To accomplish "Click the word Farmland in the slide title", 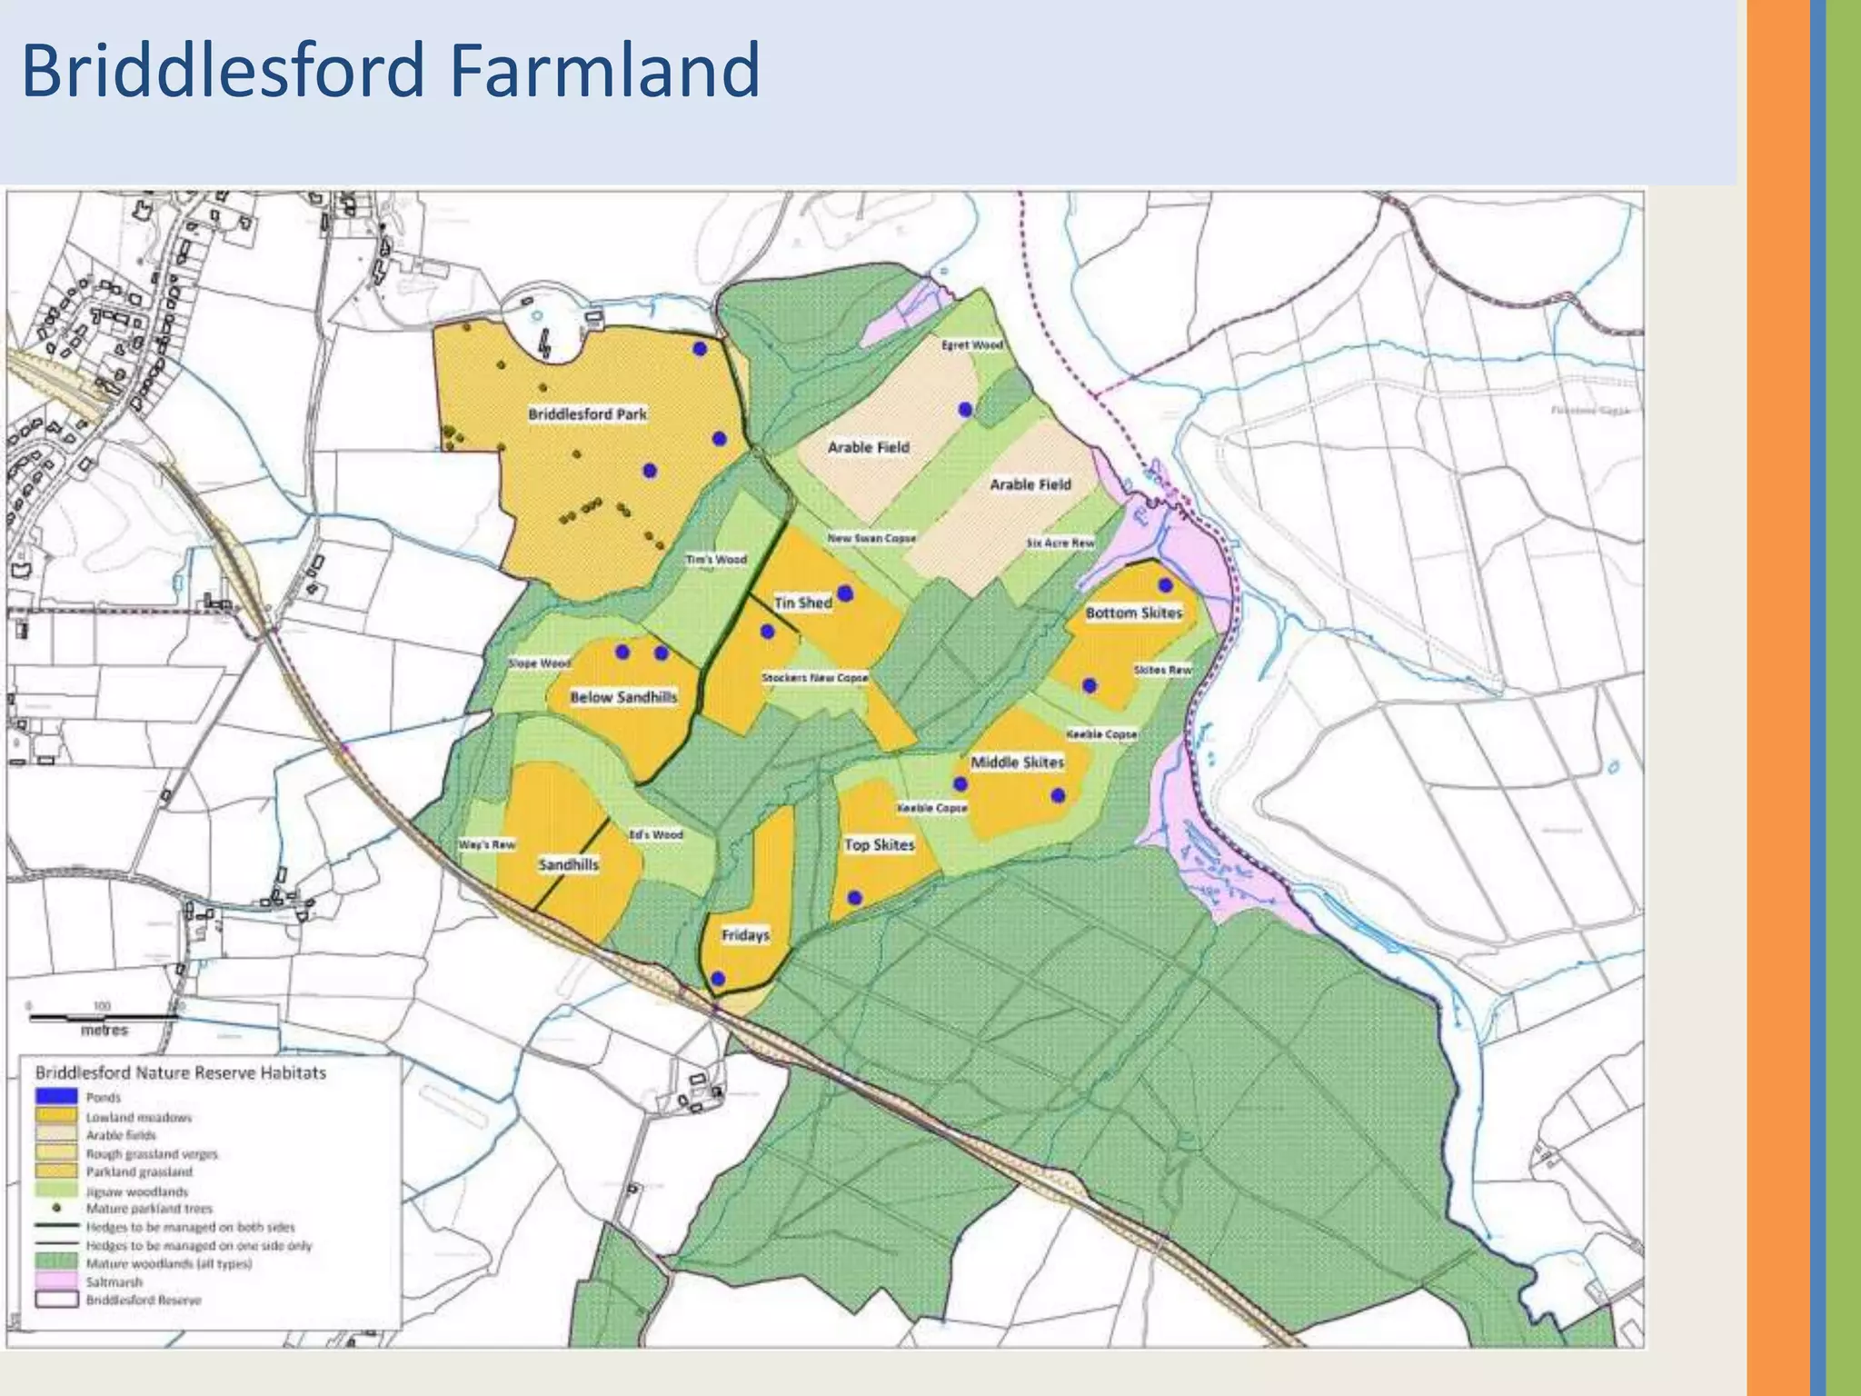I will [604, 70].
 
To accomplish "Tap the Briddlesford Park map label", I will [587, 414].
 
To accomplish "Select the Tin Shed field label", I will [802, 603].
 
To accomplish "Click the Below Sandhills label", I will [623, 697].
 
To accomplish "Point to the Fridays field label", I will [745, 935].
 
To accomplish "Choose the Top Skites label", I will [879, 844].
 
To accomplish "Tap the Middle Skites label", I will [1017, 762].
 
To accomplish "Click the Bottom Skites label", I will [1133, 613].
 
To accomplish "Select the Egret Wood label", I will [971, 345].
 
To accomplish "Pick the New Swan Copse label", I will [871, 538].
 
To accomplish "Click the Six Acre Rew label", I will [1060, 543].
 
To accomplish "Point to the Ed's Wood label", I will [655, 834].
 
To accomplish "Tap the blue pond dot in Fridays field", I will [717, 979].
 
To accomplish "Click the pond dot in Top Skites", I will [854, 898].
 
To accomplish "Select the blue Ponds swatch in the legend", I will [56, 1097].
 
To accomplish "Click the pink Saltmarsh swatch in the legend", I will [56, 1281].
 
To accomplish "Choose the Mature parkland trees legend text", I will [149, 1209].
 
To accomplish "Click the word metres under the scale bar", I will [104, 1031].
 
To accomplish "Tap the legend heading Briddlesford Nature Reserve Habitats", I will [180, 1072].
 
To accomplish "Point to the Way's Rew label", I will [486, 845].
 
